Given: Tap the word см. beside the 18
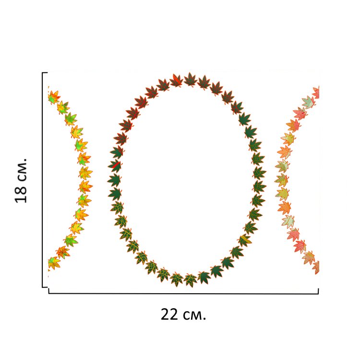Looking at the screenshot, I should [21, 168].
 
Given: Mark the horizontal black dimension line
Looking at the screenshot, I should [182, 293].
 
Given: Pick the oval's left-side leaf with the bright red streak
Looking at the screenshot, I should [115, 166].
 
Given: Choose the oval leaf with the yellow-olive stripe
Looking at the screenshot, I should [244, 239].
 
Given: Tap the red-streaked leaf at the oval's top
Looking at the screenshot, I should [177, 80].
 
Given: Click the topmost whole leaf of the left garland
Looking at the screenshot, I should [53, 96].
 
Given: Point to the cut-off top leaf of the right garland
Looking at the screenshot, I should [316, 93].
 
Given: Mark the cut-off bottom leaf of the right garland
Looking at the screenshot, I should [316, 267].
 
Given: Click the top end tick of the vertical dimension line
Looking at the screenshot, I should [44, 72].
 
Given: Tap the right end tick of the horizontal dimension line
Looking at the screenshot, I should [318, 290].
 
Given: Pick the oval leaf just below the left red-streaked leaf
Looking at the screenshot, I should [114, 180].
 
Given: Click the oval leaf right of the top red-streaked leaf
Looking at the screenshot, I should [191, 79].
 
